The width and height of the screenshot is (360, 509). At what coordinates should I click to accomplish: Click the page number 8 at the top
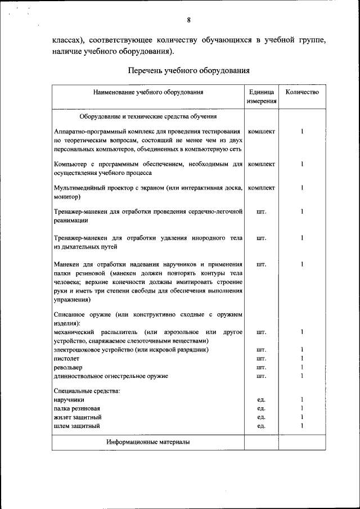click(189, 21)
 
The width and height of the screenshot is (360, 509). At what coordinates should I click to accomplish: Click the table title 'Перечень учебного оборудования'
click(188, 71)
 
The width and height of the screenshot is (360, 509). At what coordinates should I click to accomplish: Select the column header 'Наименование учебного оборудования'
click(148, 92)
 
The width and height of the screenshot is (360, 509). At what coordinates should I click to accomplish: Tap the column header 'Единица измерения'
click(261, 97)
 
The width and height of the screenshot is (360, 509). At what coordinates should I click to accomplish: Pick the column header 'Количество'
click(302, 92)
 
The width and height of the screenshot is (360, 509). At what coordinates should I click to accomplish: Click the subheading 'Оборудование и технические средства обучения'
click(148, 116)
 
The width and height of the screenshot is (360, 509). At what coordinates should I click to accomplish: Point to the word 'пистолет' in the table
click(67, 358)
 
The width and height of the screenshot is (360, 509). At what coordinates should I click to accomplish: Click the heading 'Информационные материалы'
click(148, 442)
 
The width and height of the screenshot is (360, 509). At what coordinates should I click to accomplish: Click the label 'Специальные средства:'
click(86, 390)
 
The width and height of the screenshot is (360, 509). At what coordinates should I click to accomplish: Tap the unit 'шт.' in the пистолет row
click(261, 358)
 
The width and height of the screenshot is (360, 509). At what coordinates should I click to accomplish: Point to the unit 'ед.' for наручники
click(261, 399)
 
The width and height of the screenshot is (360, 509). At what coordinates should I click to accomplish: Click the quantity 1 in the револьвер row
click(302, 367)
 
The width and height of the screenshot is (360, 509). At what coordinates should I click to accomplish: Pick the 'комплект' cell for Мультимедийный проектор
click(261, 188)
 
